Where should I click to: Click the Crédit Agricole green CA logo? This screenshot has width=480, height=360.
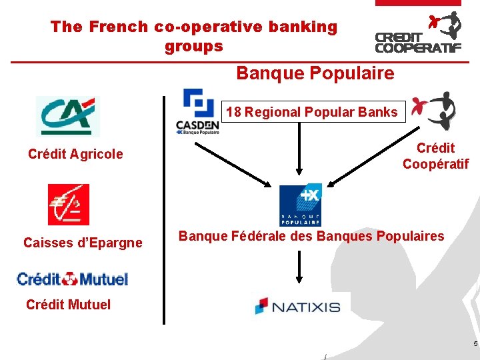[67, 116]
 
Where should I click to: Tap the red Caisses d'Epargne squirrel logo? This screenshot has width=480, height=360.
[68, 205]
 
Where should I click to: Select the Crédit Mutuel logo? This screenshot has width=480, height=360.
[73, 279]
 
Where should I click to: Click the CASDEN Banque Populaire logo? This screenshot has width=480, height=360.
[197, 111]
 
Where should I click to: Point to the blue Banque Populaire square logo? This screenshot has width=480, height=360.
[300, 205]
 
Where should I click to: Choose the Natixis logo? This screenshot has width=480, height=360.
[297, 306]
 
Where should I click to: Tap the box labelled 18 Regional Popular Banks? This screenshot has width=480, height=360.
[311, 112]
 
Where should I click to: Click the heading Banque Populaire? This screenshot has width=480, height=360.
[315, 73]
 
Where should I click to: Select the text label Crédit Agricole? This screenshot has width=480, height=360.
[75, 154]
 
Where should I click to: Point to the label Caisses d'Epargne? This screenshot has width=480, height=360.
[83, 243]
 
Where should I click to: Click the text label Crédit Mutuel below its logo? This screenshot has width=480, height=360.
[68, 305]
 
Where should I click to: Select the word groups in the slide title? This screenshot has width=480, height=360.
[193, 47]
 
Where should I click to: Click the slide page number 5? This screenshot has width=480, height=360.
[475, 344]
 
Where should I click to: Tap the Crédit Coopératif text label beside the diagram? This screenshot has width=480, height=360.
[435, 156]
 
